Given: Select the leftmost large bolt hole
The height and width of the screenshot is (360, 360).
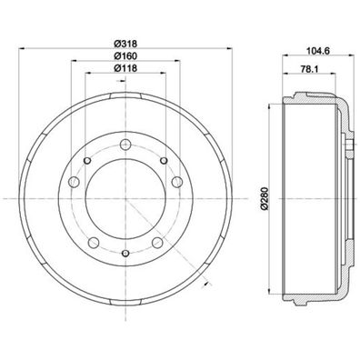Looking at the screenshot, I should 85,165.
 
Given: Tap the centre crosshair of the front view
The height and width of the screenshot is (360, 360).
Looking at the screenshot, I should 122,197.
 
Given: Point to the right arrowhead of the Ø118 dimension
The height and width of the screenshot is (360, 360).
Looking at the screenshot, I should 159,75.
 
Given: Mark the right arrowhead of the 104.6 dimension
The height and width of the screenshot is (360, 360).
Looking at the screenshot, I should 352,61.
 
